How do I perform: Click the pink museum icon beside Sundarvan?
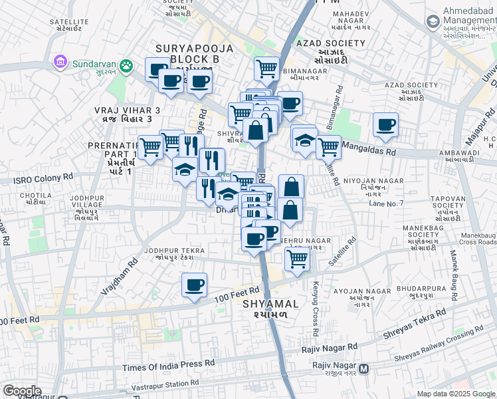click(60, 63)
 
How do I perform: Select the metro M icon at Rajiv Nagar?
click(363, 368)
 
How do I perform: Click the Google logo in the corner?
click(22, 391)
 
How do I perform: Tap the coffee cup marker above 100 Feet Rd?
click(194, 285)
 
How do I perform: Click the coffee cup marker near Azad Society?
click(385, 124)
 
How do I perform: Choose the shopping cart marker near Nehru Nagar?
click(297, 259)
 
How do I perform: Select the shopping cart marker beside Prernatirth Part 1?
click(151, 147)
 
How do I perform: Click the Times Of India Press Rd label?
click(169, 364)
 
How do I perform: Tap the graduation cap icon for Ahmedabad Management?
click(433, 23)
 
